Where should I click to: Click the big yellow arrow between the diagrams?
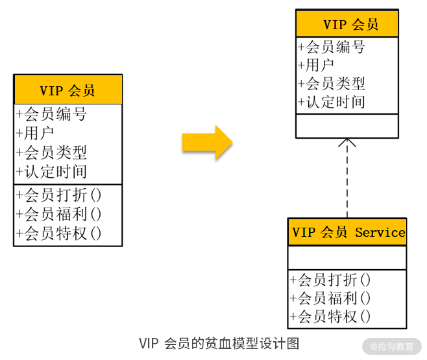click(206, 142)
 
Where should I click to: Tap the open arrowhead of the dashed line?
click(347, 144)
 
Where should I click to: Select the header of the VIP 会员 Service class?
click(347, 232)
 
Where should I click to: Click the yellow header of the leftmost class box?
click(67, 90)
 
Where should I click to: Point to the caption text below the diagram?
click(219, 343)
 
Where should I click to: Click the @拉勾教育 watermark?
click(392, 346)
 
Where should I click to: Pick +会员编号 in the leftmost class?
click(52, 115)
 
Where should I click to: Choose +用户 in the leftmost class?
click(35, 134)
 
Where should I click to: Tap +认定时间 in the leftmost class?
click(52, 172)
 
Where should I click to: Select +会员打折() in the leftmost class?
click(59, 195)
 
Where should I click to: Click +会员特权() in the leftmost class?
click(59, 234)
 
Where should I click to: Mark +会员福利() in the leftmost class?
click(59, 214)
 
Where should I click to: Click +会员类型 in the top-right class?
click(332, 84)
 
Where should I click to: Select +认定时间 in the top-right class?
click(332, 102)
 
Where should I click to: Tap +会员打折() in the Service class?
click(330, 280)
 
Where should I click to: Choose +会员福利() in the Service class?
click(330, 298)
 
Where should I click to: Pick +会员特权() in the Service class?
click(330, 317)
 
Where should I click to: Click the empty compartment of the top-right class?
click(347, 125)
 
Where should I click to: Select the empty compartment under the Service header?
click(347, 258)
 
